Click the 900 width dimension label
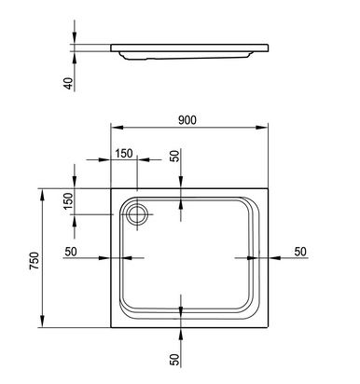[x=187, y=120]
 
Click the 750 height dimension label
[x=35, y=260]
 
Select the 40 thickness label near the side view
[x=68, y=83]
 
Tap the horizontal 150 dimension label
[x=124, y=153]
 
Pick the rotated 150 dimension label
[x=68, y=201]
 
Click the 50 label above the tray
[x=175, y=156]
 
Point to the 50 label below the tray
[x=175, y=360]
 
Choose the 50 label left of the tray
[x=71, y=252]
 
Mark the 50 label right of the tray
[x=300, y=252]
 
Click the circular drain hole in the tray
[x=137, y=214]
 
